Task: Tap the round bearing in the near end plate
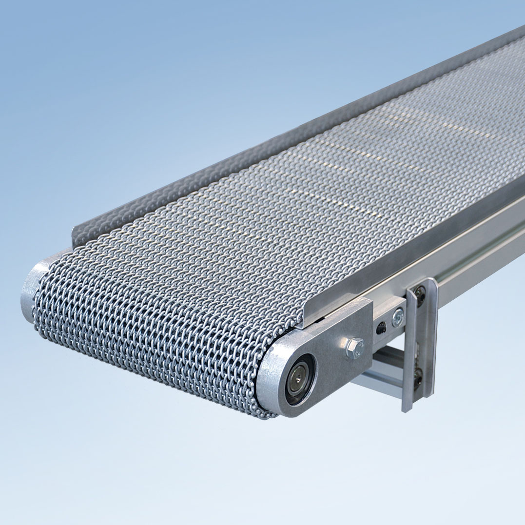pyautogui.click(x=298, y=379)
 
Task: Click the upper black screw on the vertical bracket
pyautogui.click(x=420, y=293)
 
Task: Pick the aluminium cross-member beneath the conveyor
pyautogui.click(x=375, y=370)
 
